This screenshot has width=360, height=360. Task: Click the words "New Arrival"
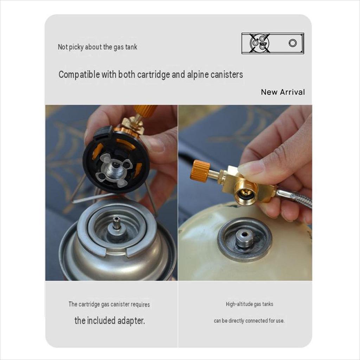283,92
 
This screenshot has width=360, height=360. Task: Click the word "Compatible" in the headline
79,75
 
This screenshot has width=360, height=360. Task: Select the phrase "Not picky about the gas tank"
97,47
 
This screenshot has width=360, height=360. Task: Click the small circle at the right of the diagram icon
292,43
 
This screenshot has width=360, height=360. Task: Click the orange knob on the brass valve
200,171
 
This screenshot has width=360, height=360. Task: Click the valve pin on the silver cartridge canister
117,223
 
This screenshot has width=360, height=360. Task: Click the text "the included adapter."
110,321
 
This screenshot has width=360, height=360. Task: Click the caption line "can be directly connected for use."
249,321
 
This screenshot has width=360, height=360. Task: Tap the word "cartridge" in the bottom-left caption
89,304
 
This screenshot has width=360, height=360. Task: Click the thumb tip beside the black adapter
153,144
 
